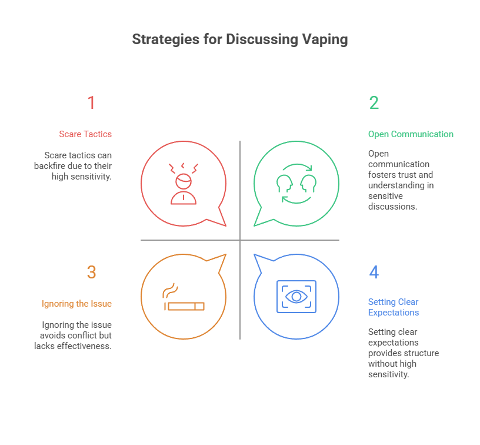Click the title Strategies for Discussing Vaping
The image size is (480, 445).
point(239,39)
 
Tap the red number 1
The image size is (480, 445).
point(91,103)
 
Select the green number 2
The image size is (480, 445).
point(374,103)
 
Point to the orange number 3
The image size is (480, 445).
point(91,273)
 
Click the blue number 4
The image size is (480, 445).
point(374,273)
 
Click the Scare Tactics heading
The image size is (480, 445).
point(85,134)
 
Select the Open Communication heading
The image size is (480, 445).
point(411,134)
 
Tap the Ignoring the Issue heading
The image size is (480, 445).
point(76,304)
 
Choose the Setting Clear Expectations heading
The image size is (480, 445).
point(394,307)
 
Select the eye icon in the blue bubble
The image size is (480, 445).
point(296,296)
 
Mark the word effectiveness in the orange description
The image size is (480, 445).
point(82,346)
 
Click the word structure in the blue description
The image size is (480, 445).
point(421,353)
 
